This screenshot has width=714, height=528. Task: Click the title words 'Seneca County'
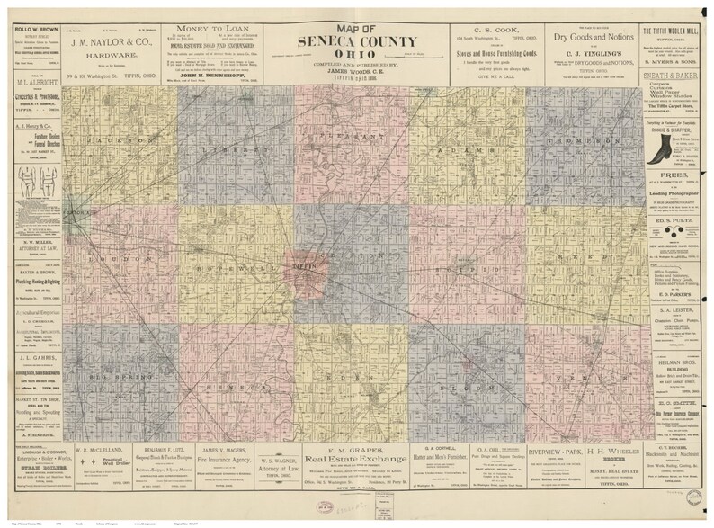359,41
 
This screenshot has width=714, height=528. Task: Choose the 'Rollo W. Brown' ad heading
31,11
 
